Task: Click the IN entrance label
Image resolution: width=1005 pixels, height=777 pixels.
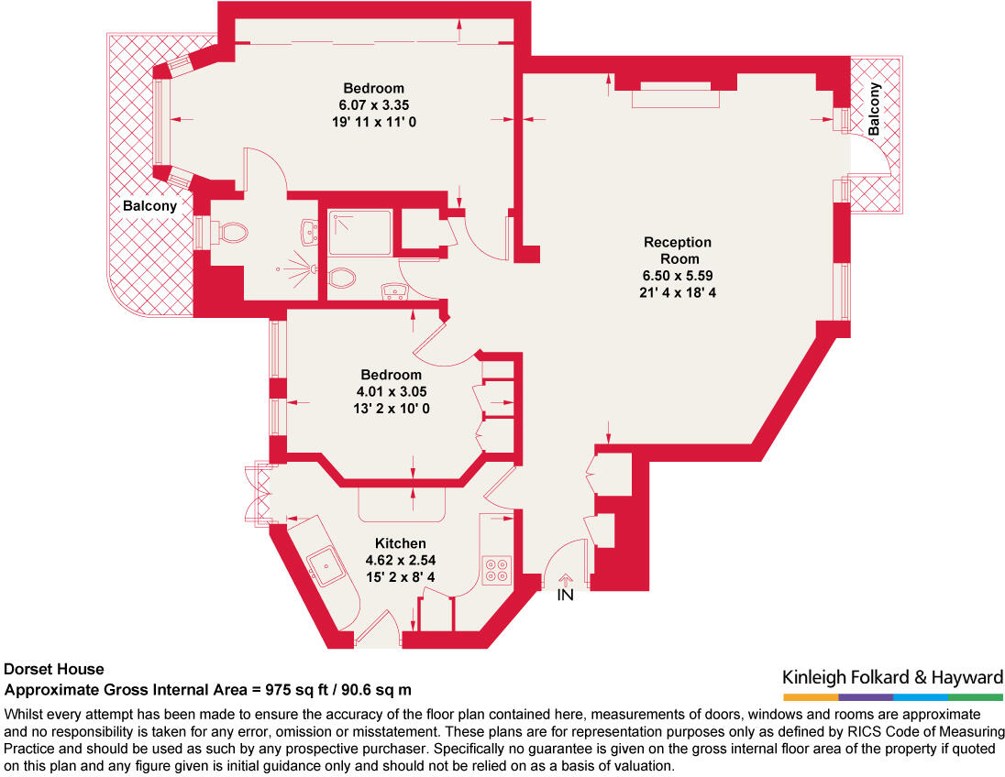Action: (x=566, y=596)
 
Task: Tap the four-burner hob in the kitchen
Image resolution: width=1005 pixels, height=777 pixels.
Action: (x=497, y=571)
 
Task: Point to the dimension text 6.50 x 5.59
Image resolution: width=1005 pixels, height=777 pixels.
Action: (x=677, y=276)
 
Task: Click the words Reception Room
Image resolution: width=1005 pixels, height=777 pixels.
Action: (x=677, y=250)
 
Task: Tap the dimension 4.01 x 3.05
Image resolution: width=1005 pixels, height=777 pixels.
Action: (x=392, y=391)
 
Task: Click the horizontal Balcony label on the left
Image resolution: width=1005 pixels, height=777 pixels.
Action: (x=149, y=206)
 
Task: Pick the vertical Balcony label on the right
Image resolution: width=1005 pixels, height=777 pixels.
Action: (x=874, y=109)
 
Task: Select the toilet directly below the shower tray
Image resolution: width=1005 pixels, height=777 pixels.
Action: (x=342, y=276)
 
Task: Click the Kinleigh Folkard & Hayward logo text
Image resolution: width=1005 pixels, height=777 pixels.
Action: (x=892, y=678)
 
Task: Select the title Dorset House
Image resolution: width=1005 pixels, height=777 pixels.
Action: (x=54, y=670)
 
